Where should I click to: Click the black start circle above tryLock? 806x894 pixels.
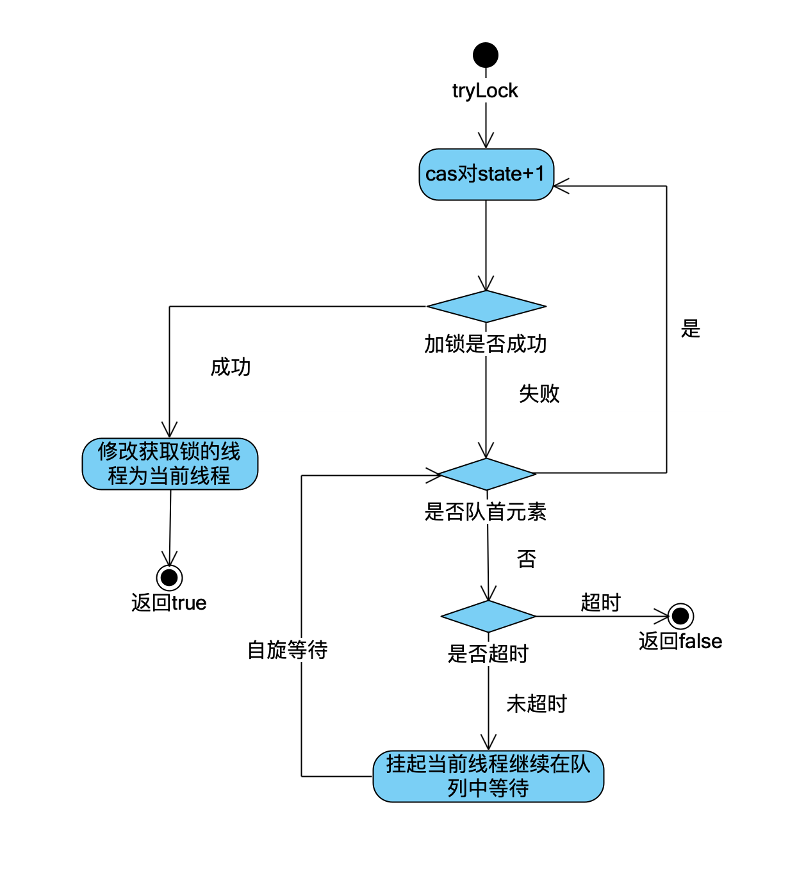click(485, 55)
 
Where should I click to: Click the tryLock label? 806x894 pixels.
click(484, 91)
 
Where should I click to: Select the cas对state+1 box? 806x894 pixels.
click(486, 174)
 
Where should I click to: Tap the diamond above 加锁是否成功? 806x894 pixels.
click(486, 307)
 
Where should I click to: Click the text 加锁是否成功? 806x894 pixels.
click(485, 345)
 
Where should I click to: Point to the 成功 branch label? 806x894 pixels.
click(231, 368)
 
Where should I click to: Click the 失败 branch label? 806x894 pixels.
click(539, 394)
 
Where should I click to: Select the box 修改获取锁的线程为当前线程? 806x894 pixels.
click(170, 464)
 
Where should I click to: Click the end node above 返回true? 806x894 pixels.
click(169, 578)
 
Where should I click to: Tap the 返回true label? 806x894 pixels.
click(169, 603)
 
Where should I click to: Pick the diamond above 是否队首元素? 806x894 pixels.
click(487, 475)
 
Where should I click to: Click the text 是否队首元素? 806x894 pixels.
click(485, 512)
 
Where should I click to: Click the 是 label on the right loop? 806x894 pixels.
click(690, 329)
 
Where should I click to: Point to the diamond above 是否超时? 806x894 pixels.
click(488, 617)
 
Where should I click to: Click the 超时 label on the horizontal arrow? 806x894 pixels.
click(600, 603)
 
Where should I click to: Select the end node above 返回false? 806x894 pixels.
click(680, 616)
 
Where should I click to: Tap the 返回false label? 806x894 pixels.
click(680, 642)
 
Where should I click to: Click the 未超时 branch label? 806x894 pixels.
click(536, 704)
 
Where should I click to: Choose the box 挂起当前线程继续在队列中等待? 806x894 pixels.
click(488, 776)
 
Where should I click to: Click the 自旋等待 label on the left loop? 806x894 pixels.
click(288, 651)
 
